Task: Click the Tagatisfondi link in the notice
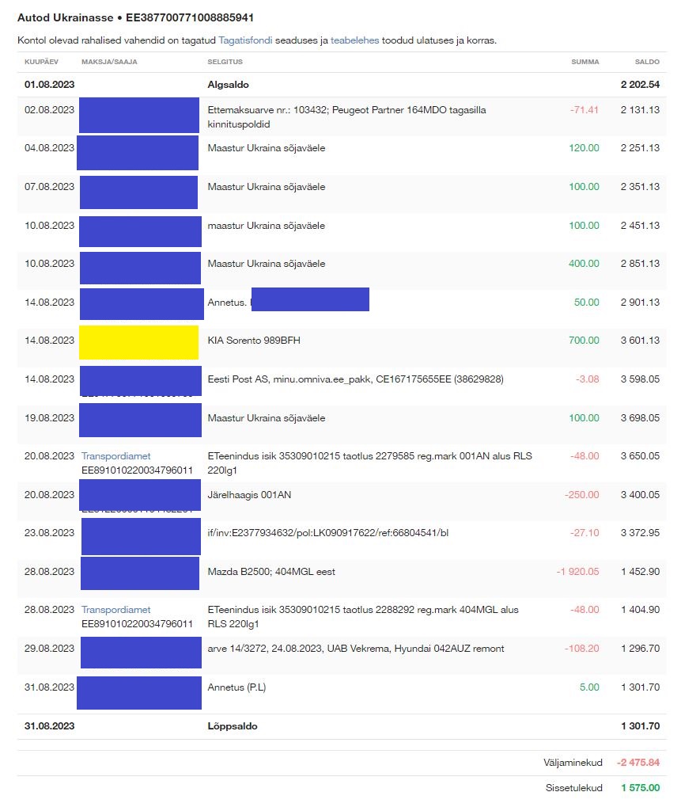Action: point(245,40)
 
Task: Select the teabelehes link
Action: point(354,40)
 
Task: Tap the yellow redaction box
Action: point(138,342)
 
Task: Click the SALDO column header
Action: point(647,62)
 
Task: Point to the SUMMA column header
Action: point(585,62)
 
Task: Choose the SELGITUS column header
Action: point(225,62)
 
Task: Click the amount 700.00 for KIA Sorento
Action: point(584,341)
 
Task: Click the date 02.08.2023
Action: point(50,110)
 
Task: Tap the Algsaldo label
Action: point(229,84)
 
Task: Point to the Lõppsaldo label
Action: point(232,726)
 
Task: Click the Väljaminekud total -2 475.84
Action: point(637,763)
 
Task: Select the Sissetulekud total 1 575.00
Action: point(640,788)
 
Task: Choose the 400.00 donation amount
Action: point(584,264)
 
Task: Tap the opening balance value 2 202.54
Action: point(640,84)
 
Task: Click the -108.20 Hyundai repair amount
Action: point(582,649)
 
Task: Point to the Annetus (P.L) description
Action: point(236,687)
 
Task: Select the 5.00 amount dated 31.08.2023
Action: point(589,687)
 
